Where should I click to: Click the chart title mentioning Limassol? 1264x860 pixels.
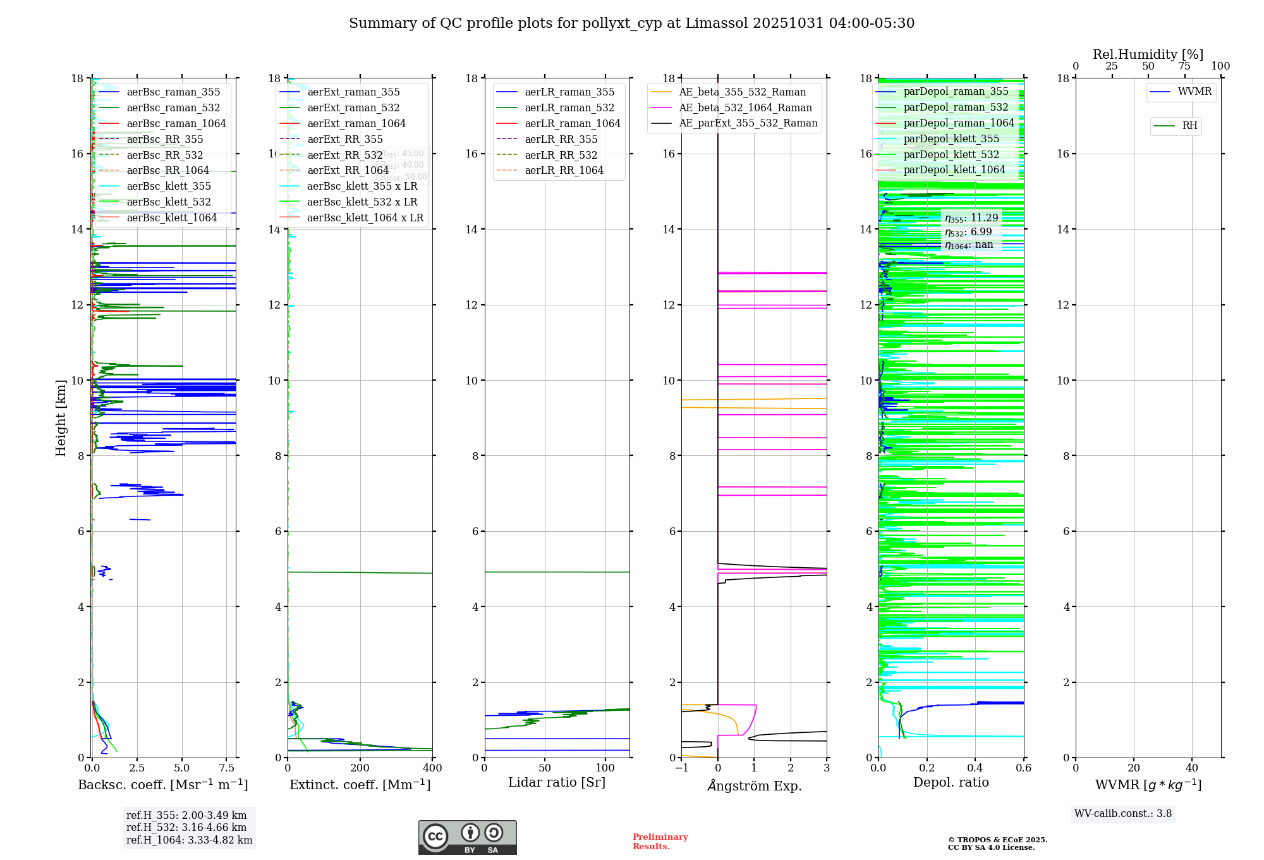point(631,23)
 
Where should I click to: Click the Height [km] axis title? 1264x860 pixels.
point(61,417)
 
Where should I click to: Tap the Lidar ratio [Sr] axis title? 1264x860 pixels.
point(557,782)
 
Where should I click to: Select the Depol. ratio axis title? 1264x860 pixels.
point(951,782)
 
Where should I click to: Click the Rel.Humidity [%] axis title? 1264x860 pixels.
point(1148,54)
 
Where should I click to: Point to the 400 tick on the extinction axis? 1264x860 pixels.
point(432,768)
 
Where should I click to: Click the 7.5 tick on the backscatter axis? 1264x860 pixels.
point(227,768)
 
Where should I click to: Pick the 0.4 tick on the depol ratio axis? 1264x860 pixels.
point(975,768)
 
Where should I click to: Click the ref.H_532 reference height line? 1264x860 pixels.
point(186,827)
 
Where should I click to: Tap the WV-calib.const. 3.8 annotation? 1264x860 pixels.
point(1123,814)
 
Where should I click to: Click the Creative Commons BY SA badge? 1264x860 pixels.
point(467,837)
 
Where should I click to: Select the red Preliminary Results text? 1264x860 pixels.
point(660,842)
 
